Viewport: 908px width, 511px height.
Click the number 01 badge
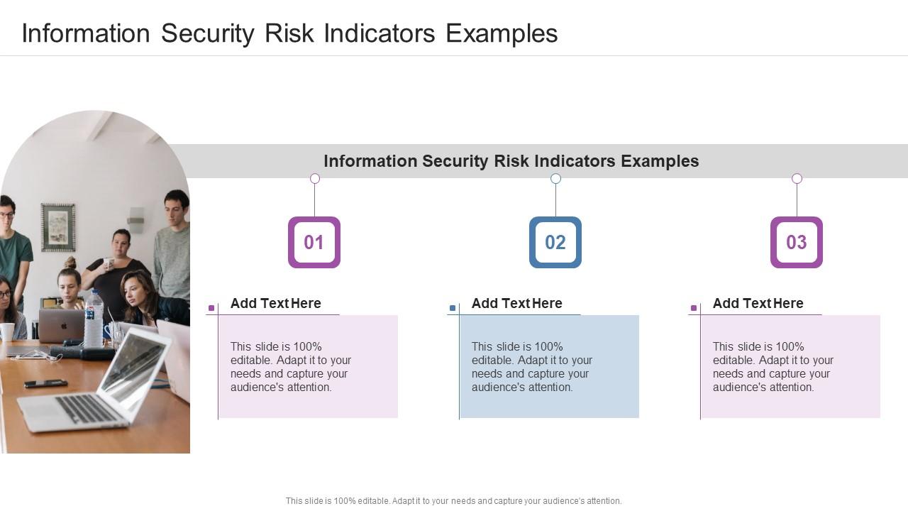click(x=314, y=243)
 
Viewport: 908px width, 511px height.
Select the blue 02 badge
click(x=555, y=243)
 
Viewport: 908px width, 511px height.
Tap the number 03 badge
click(x=797, y=243)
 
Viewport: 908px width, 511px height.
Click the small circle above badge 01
click(x=315, y=179)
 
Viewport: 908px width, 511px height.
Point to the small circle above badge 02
click(x=556, y=179)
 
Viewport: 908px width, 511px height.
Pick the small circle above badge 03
click(x=797, y=179)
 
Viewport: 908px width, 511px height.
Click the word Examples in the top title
click(x=502, y=33)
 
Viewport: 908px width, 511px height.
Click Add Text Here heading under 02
click(x=516, y=304)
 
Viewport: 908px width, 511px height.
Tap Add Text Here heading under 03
click(x=758, y=304)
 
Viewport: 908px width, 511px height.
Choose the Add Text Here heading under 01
click(x=275, y=304)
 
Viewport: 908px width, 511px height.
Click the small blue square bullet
click(x=453, y=308)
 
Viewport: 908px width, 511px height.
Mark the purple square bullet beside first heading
click(x=211, y=308)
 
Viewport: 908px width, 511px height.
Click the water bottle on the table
click(x=94, y=321)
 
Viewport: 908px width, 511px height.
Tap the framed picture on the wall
click(x=58, y=227)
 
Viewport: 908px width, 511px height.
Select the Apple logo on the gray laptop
click(x=62, y=325)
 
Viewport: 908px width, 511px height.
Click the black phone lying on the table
click(x=46, y=384)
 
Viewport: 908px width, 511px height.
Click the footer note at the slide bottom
click(x=453, y=501)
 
